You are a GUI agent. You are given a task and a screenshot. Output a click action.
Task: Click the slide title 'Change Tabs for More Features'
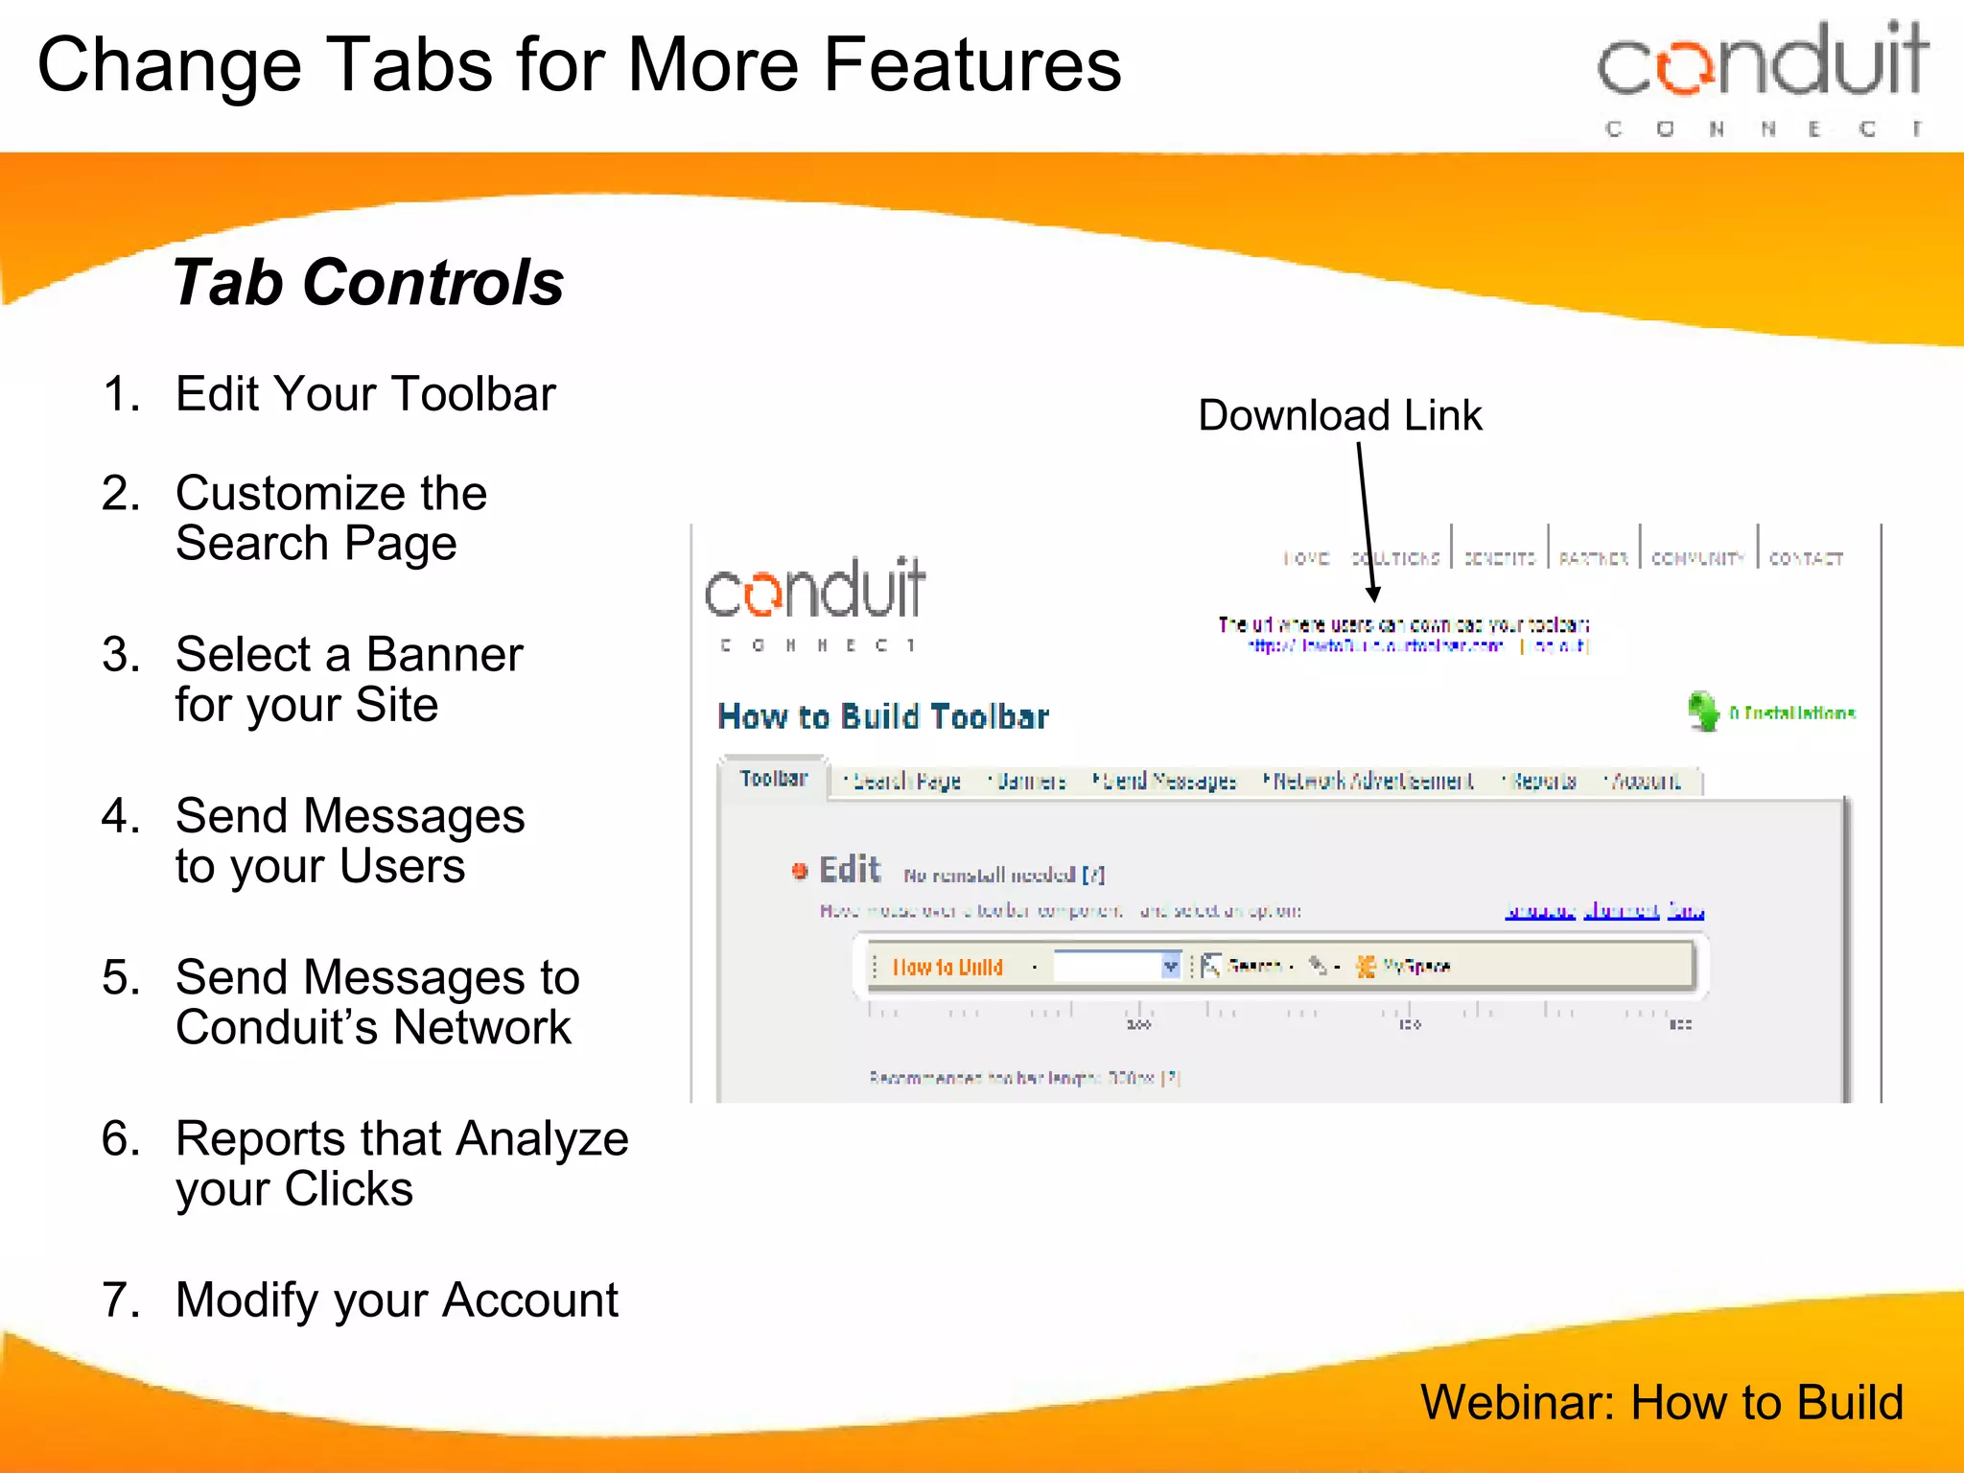[579, 65]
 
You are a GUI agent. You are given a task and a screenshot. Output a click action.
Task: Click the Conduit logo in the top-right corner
[1763, 77]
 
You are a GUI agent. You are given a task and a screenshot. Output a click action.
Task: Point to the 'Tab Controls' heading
[368, 283]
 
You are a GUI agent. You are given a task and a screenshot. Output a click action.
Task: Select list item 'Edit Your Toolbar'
[365, 394]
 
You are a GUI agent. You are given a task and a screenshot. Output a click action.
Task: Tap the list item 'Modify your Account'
[396, 1300]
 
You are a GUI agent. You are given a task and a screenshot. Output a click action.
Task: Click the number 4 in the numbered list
[120, 816]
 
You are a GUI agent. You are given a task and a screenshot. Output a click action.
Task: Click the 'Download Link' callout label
[1340, 416]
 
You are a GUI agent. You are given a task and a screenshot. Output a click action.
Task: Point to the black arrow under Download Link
[1367, 523]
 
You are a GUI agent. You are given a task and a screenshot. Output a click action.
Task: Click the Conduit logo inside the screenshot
[815, 601]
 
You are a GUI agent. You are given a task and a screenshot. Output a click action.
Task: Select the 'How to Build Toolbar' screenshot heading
[883, 717]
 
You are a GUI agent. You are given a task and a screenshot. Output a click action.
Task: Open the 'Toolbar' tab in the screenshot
[773, 779]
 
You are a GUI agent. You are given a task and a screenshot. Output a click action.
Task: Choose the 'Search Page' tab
[905, 782]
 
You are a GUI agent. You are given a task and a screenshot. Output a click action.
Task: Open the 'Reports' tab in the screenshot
[1543, 782]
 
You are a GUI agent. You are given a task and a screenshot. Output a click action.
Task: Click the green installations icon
[1703, 712]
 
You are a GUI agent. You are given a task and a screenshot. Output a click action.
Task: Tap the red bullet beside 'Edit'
[799, 871]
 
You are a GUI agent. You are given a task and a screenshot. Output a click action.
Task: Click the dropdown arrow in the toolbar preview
[1170, 966]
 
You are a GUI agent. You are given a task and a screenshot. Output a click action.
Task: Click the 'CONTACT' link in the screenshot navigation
[1806, 558]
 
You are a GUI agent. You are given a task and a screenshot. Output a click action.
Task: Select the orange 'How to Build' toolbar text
[947, 967]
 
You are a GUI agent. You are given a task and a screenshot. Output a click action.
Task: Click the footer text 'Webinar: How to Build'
[1661, 1402]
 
